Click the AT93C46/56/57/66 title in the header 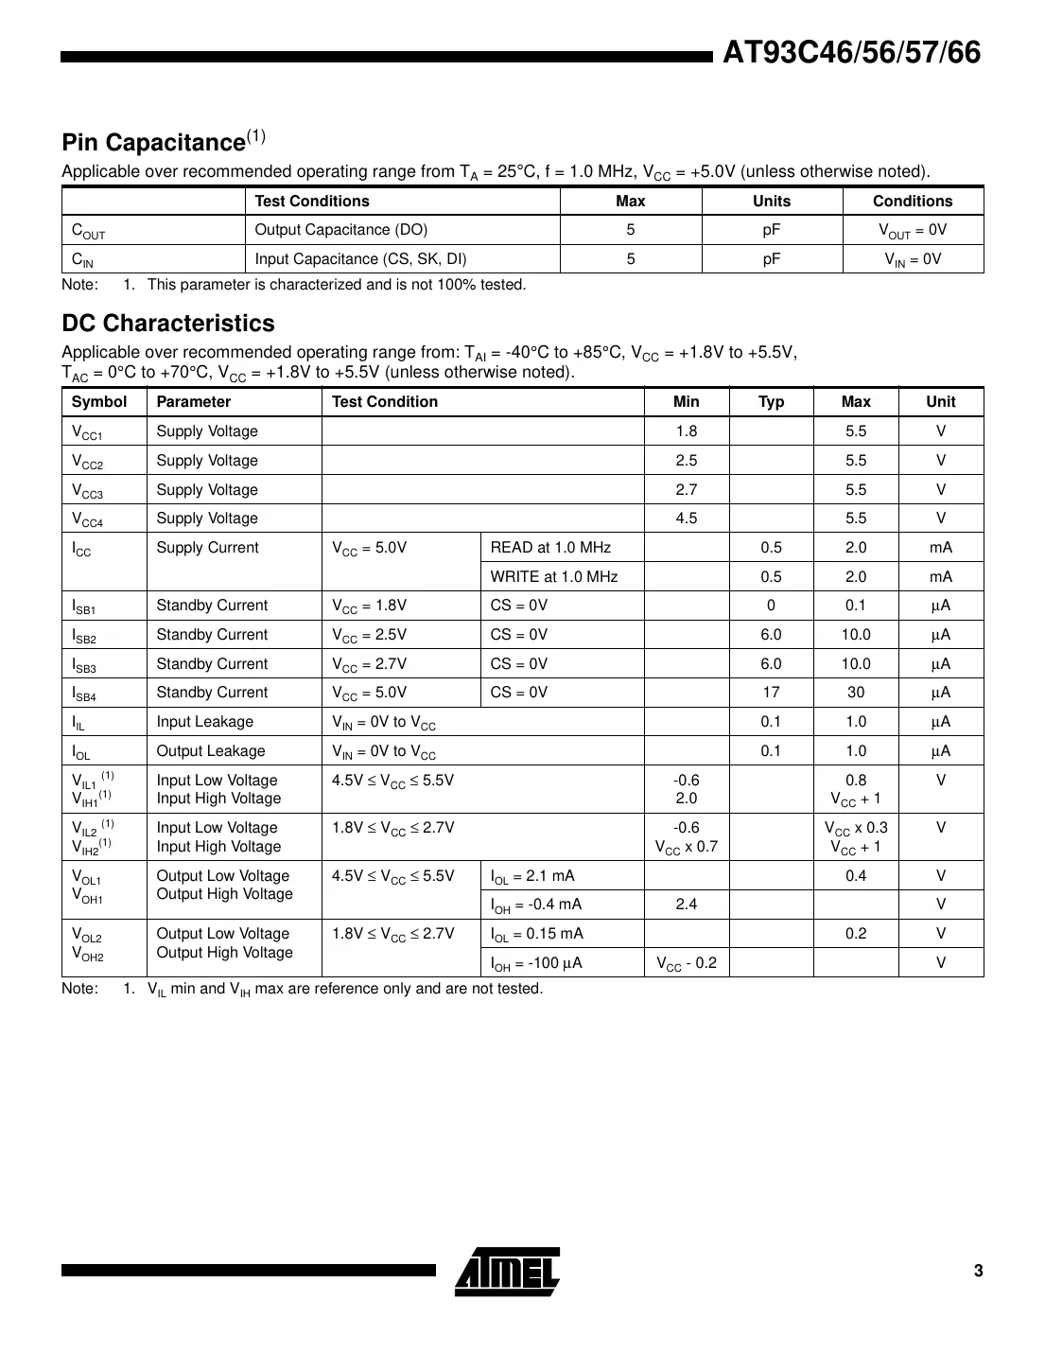(x=851, y=53)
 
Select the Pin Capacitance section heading (x=154, y=143)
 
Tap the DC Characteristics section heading (x=168, y=324)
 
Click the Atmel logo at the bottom (x=507, y=1271)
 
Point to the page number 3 (x=978, y=1271)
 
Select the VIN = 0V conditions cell (x=913, y=259)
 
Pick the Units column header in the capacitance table (x=772, y=201)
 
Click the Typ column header (x=771, y=402)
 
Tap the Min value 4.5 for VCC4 (x=687, y=518)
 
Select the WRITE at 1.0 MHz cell (x=554, y=577)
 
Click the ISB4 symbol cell (x=84, y=694)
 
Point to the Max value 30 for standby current (x=856, y=693)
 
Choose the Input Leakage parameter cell (x=205, y=722)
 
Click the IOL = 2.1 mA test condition (x=532, y=876)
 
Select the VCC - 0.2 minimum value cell (x=687, y=963)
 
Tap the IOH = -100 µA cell (x=536, y=963)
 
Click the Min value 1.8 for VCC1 (x=687, y=431)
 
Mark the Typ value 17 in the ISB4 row (x=771, y=693)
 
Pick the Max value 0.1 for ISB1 (x=856, y=606)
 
